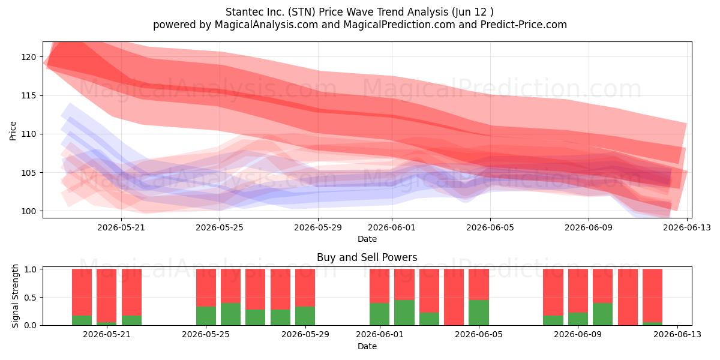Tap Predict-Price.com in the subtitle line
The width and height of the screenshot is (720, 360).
click(524, 25)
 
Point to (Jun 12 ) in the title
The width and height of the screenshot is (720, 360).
click(473, 12)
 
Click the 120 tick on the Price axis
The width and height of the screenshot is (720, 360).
click(29, 57)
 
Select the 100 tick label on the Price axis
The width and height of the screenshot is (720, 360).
click(29, 211)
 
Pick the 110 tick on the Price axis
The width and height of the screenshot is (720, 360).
click(29, 134)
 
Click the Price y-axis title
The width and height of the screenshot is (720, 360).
click(13, 131)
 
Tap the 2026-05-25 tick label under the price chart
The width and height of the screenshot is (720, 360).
click(220, 228)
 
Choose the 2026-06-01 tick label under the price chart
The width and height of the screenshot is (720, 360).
click(392, 228)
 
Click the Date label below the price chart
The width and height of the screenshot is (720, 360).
click(367, 239)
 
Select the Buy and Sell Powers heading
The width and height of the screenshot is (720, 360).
click(367, 257)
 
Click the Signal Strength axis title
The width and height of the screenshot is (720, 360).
click(15, 296)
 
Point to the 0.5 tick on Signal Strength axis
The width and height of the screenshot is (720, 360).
click(30, 298)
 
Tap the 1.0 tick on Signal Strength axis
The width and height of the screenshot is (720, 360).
click(30, 269)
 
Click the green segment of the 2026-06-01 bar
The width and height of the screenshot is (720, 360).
click(380, 314)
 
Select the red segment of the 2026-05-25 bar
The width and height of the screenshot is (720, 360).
click(206, 287)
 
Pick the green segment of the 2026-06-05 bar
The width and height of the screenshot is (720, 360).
click(479, 313)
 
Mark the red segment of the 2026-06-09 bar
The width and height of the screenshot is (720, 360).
click(578, 291)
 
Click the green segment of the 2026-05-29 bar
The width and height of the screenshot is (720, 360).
click(305, 316)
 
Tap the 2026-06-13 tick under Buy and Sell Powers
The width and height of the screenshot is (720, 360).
click(677, 335)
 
